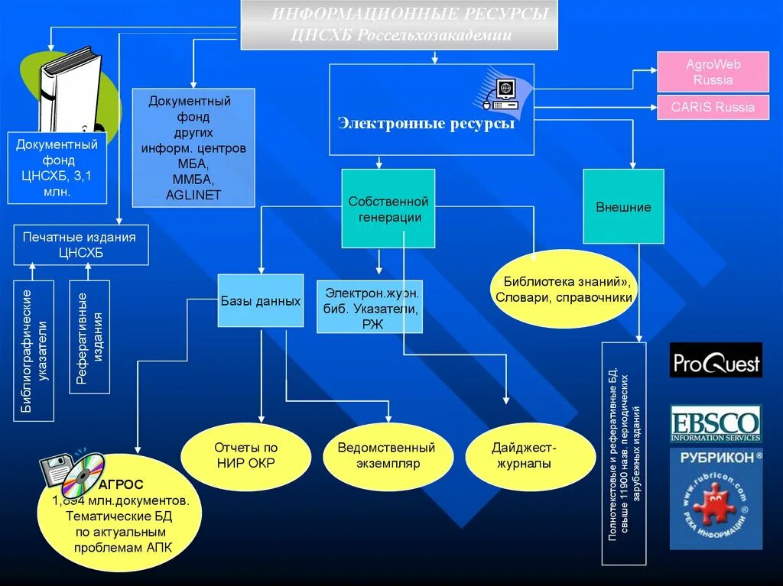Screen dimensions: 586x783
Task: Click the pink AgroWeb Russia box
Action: coord(713,72)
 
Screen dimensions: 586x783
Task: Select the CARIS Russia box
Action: coord(713,107)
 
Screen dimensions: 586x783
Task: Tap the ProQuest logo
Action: coord(716,360)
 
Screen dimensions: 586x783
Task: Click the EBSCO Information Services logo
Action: coord(716,424)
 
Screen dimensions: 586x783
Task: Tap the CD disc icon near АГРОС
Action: coord(83,474)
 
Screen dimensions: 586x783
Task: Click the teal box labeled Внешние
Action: coord(623,207)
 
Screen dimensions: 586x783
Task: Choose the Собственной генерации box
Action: coord(388,209)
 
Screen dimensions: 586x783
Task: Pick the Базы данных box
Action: coord(261,301)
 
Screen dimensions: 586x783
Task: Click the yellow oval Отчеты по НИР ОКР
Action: coord(245,455)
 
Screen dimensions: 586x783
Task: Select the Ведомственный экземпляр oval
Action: coord(386,455)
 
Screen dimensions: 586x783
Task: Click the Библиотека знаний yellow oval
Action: coord(564,290)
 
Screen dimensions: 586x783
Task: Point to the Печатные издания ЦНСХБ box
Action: coord(80,244)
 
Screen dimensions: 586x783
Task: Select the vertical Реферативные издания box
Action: coord(89,337)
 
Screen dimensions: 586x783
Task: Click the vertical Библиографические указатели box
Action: coord(34,351)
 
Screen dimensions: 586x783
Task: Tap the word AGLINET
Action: coord(193,195)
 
